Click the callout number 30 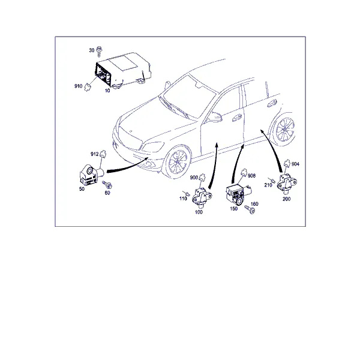92,50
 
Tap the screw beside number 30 99,52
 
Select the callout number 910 78,86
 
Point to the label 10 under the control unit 107,91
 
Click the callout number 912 95,154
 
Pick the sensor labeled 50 91,175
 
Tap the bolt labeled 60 107,185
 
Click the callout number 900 194,178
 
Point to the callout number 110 183,199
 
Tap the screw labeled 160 250,209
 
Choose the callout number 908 251,176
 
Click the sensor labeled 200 287,184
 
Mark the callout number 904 295,164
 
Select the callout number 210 268,185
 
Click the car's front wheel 178,161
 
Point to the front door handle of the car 237,118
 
